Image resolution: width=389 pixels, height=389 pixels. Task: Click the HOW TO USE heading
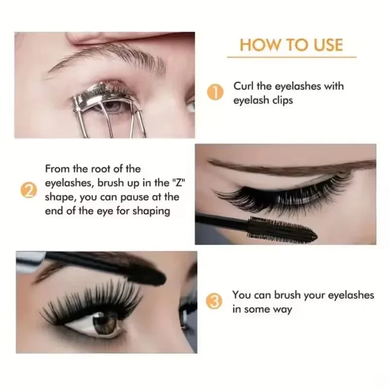(x=291, y=45)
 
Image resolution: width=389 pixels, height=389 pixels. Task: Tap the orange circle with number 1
(x=214, y=92)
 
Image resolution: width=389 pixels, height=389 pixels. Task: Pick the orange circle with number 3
(x=214, y=302)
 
